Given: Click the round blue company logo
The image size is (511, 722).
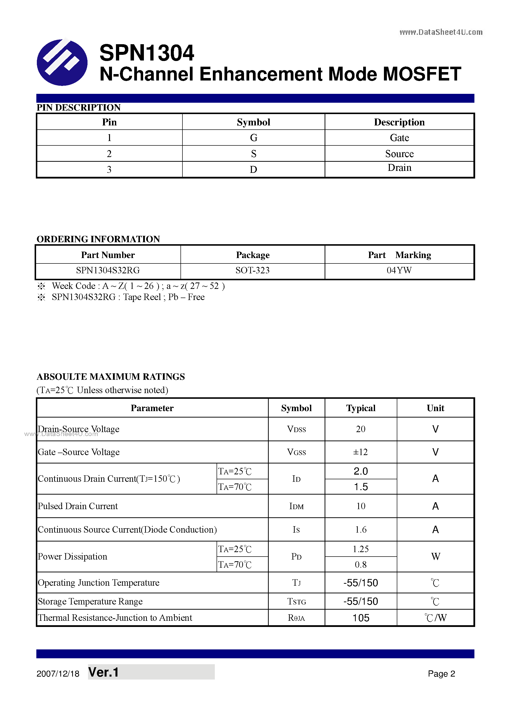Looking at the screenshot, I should pos(62,62).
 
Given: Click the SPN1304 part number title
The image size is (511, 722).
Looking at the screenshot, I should pos(147,53).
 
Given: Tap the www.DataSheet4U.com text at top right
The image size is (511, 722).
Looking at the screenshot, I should pos(441,32).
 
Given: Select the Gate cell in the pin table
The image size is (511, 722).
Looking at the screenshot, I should pos(399,138).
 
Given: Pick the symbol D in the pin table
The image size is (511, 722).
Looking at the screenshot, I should pos(253,169).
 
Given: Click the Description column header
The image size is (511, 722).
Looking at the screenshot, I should pos(399,122).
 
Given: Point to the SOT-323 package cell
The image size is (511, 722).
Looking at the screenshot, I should pos(252,270).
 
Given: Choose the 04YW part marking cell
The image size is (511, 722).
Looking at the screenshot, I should pos(399,270).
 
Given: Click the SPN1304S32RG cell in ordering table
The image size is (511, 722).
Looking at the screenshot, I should pos(108,270).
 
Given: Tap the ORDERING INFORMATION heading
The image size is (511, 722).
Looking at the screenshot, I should pos(98,239).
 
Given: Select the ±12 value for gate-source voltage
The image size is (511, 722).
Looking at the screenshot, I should pos(360,452).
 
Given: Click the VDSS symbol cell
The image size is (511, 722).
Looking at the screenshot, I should pos(296,429).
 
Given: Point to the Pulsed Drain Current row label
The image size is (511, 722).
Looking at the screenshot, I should pos(78,506).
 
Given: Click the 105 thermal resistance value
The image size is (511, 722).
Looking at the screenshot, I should pos(360,618).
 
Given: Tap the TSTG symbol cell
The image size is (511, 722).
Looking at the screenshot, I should pos(296,602).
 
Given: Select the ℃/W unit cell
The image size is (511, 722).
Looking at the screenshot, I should pos(435,618).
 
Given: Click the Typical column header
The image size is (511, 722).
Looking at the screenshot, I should pos(360,408).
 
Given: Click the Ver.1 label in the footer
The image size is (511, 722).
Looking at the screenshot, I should pos(104,672).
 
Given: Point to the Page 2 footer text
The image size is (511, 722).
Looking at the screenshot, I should pos(441,674).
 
